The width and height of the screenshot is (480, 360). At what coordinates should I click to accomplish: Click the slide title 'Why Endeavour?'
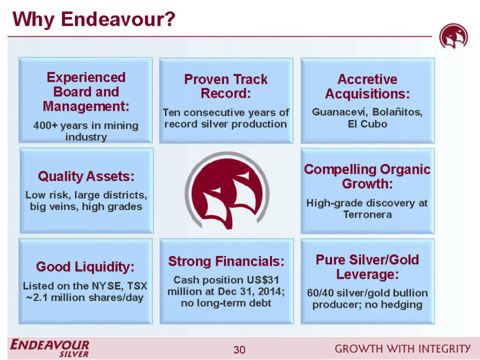[x=93, y=20]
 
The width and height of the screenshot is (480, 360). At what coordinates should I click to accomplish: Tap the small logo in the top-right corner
[x=453, y=37]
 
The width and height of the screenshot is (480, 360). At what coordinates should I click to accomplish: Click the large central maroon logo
[x=226, y=190]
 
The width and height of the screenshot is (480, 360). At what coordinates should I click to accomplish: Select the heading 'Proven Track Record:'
[x=226, y=86]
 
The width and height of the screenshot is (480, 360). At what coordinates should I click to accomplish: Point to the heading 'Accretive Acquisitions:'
[x=367, y=87]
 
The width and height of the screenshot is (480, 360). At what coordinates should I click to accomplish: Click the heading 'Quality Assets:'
[x=86, y=177]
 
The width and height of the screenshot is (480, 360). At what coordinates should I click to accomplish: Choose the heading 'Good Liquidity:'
[x=85, y=267]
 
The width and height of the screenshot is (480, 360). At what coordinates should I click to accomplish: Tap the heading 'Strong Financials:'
[x=226, y=261]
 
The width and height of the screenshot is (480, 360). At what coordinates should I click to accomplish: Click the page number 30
[x=239, y=350]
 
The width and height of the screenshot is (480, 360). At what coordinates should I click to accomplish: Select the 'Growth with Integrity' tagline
[x=402, y=348]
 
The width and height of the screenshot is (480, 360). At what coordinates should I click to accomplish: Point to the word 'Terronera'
[x=367, y=215]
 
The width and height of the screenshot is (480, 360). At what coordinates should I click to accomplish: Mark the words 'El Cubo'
[x=367, y=125]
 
